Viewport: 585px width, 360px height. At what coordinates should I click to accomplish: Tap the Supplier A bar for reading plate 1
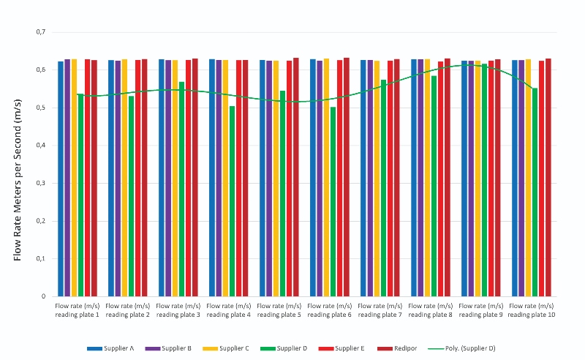(x=61, y=179)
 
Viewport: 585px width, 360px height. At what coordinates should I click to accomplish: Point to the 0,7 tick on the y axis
(x=41, y=32)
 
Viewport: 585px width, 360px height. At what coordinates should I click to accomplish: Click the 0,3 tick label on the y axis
(x=41, y=183)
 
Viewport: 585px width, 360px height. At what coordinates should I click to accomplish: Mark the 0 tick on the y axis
(x=44, y=296)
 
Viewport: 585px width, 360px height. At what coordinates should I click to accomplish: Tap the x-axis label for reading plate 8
(x=430, y=310)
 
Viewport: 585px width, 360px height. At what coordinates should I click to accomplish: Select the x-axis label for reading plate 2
(x=128, y=310)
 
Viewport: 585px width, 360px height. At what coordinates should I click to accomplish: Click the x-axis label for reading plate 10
(x=532, y=310)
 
